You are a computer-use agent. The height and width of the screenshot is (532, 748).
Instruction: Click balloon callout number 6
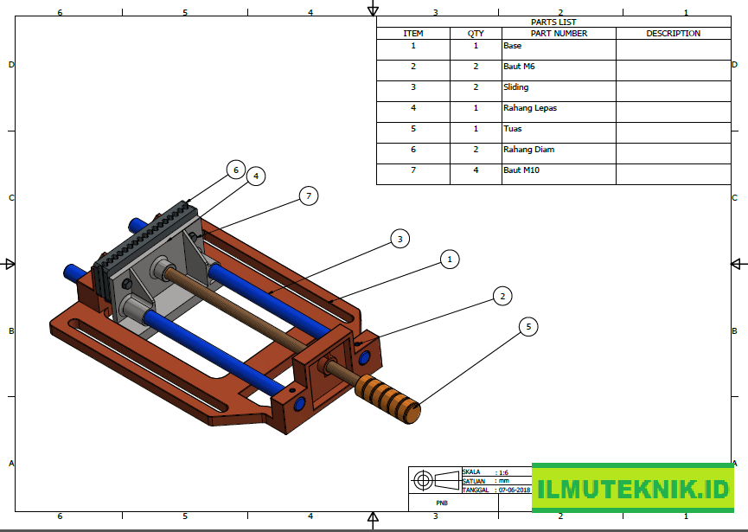point(235,170)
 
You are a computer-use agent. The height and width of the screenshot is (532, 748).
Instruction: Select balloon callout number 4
point(254,176)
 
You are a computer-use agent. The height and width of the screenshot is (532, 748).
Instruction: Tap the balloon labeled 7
point(308,196)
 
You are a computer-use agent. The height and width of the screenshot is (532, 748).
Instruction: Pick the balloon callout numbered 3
point(399,239)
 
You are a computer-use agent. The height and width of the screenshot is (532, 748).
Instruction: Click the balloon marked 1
point(448,259)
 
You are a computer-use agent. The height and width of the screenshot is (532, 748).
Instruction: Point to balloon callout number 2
point(502,297)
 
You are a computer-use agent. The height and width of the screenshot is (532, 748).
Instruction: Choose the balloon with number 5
point(529,326)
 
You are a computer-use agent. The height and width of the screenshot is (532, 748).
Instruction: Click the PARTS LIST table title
point(553,22)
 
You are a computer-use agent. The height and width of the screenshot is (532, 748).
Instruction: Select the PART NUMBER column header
point(559,34)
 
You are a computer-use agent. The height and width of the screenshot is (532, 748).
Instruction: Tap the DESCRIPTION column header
point(673,34)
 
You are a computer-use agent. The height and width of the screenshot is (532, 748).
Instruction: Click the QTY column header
point(476,34)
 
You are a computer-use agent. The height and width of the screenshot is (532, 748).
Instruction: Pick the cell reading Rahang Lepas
point(530,108)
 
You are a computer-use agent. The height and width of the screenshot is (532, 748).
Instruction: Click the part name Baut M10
point(521,170)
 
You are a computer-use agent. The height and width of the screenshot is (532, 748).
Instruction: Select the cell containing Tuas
point(513,129)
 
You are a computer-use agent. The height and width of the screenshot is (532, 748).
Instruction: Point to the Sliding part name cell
point(516,87)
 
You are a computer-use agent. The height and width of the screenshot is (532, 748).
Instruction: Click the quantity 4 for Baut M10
point(476,170)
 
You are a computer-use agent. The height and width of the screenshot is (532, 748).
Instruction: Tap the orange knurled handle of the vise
point(388,397)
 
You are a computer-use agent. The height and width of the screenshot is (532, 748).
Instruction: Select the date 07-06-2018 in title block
point(514,490)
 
